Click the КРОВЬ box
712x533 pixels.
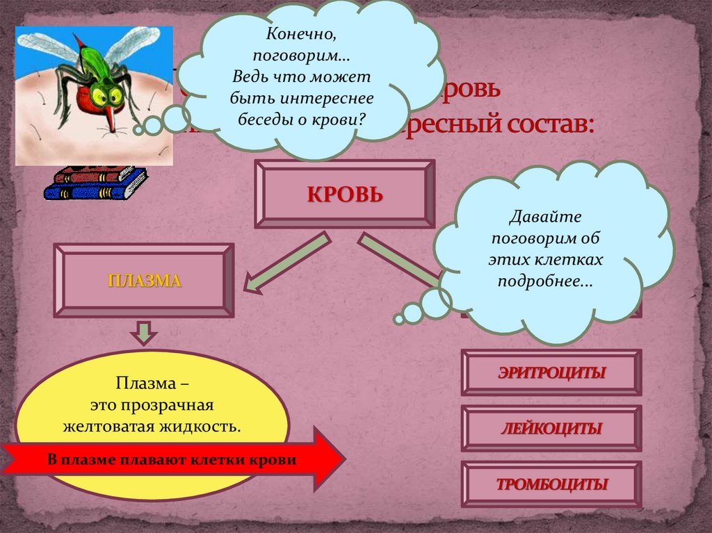(x=345, y=194)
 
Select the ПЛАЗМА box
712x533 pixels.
(x=144, y=280)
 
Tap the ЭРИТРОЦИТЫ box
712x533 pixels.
(x=551, y=372)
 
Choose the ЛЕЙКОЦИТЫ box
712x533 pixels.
(x=551, y=428)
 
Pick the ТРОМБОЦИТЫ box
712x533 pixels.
(x=551, y=484)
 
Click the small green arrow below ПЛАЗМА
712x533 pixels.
(x=143, y=331)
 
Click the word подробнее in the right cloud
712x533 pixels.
(x=545, y=282)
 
